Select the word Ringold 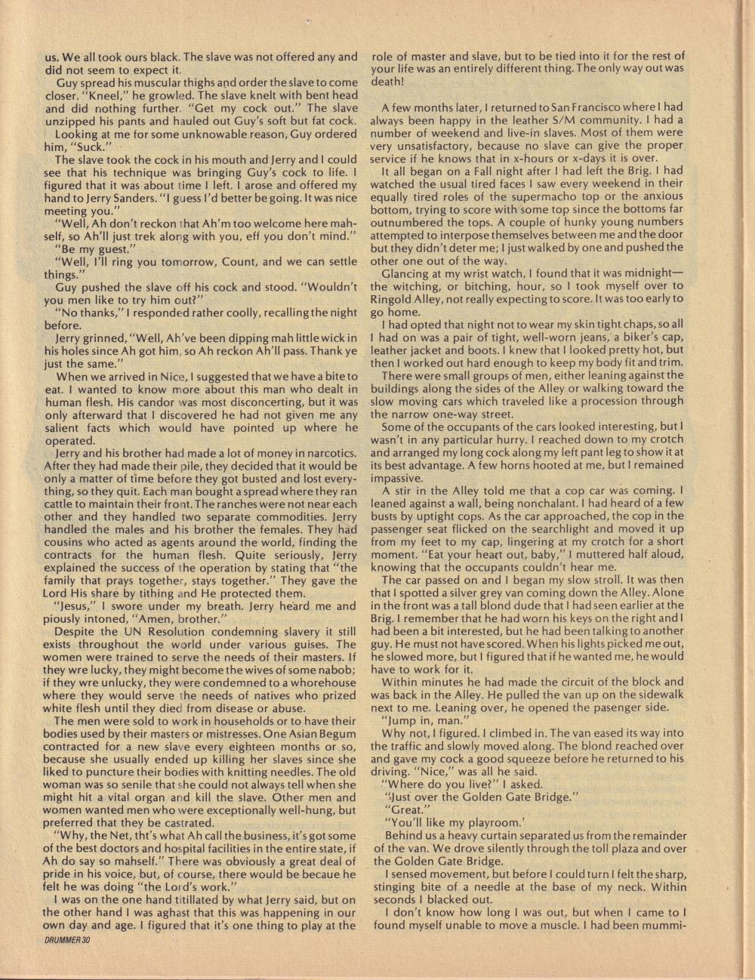click(x=396, y=298)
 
